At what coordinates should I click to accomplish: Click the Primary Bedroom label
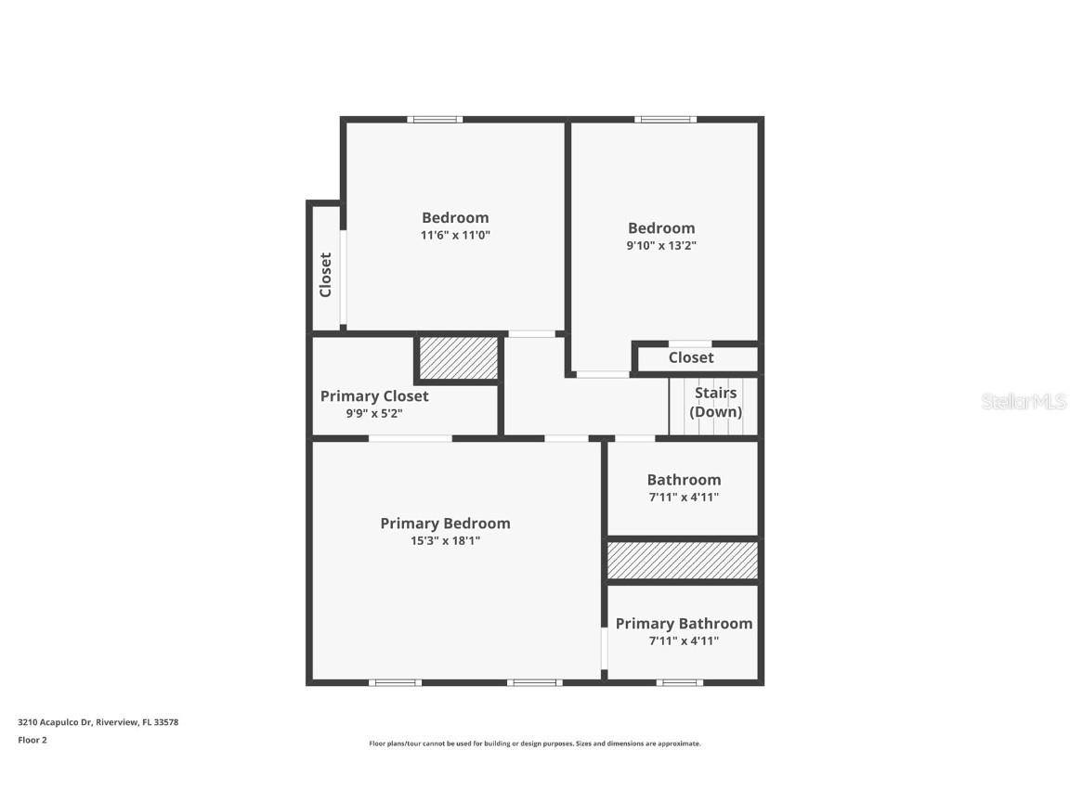click(445, 524)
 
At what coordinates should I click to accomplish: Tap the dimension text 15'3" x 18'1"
click(445, 541)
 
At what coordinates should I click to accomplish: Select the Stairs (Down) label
click(715, 403)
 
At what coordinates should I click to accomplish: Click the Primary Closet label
click(374, 396)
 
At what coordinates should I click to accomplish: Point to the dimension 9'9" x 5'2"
click(374, 414)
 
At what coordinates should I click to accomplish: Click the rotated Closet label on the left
click(325, 275)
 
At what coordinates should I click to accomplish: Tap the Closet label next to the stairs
click(691, 357)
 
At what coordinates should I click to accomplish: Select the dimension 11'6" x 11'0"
click(455, 236)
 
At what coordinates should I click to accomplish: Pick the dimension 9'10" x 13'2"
click(661, 246)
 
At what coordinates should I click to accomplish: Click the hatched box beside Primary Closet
click(458, 358)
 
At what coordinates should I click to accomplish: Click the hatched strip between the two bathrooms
click(683, 561)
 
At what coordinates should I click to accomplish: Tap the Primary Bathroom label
click(684, 624)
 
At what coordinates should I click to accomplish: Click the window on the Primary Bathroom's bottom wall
click(679, 682)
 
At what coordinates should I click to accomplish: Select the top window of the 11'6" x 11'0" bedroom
click(435, 119)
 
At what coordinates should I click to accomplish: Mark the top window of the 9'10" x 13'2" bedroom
click(665, 119)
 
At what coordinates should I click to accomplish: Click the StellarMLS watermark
click(1024, 402)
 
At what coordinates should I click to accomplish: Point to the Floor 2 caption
click(33, 740)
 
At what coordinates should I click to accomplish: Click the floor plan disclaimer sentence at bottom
click(535, 744)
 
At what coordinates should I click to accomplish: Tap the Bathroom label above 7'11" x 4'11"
click(684, 480)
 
